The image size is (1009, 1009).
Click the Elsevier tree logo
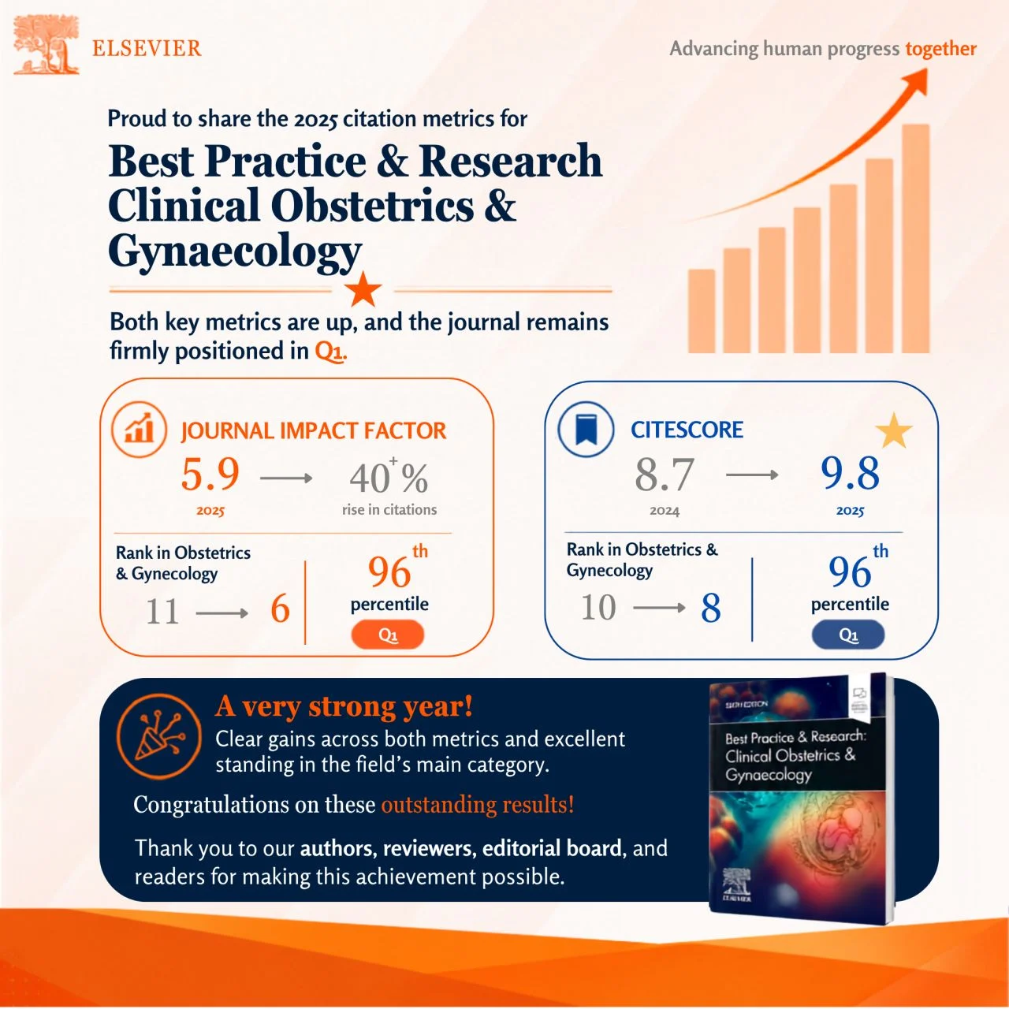pyautogui.click(x=46, y=44)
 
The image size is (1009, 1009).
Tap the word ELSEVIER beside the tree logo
pyautogui.click(x=147, y=49)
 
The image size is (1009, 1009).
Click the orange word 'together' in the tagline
pyautogui.click(x=941, y=49)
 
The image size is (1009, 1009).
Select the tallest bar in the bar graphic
pyautogui.click(x=915, y=239)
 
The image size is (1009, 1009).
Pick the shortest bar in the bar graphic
pyautogui.click(x=702, y=311)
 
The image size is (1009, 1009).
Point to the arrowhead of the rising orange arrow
pyautogui.click(x=915, y=82)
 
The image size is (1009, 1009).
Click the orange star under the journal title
pyautogui.click(x=363, y=289)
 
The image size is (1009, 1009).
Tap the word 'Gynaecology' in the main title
pyautogui.click(x=235, y=251)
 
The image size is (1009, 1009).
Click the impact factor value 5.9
pyautogui.click(x=210, y=475)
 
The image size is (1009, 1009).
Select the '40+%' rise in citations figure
pyautogui.click(x=389, y=475)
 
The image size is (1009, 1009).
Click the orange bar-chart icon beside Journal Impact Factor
pyautogui.click(x=140, y=430)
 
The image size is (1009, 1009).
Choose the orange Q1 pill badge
pyautogui.click(x=388, y=635)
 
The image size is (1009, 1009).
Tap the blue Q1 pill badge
pyautogui.click(x=847, y=635)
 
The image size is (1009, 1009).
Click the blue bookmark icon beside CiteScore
pyautogui.click(x=586, y=430)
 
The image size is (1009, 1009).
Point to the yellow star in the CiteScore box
pyautogui.click(x=893, y=431)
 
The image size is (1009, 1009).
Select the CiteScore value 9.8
pyautogui.click(x=850, y=473)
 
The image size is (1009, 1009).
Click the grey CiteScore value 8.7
pyautogui.click(x=665, y=475)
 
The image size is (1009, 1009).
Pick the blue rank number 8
pyautogui.click(x=710, y=609)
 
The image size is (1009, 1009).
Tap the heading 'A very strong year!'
pyautogui.click(x=344, y=706)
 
